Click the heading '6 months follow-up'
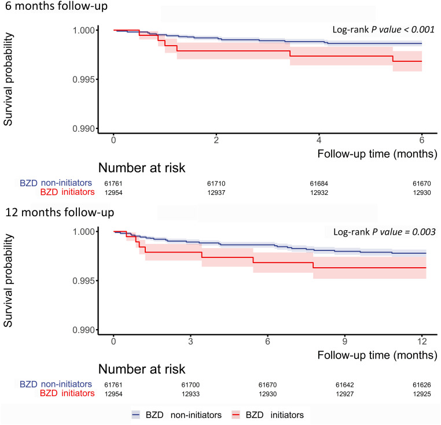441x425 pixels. coord(56,6)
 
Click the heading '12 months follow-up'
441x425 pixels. coord(60,212)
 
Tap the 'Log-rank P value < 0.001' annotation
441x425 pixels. coord(384,29)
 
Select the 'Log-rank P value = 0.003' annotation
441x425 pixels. coord(384,232)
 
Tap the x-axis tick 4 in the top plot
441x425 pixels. coord(319,140)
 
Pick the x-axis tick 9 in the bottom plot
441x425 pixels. coord(345,341)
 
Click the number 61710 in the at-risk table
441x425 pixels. coord(216,183)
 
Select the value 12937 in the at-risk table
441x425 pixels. coord(216,193)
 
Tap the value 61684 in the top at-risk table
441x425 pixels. coord(319,183)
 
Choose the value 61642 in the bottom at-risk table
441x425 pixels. coord(345,385)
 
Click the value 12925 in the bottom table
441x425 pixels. coord(422,394)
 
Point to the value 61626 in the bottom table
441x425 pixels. coord(422,385)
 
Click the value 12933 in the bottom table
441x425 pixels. coord(190,394)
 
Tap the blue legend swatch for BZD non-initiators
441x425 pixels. coord(136,415)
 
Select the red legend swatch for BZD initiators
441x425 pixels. coord(236,415)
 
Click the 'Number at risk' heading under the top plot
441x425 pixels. coord(142,168)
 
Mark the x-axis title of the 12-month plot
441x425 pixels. coord(377,355)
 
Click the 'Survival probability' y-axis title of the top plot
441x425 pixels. coord(8,79)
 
